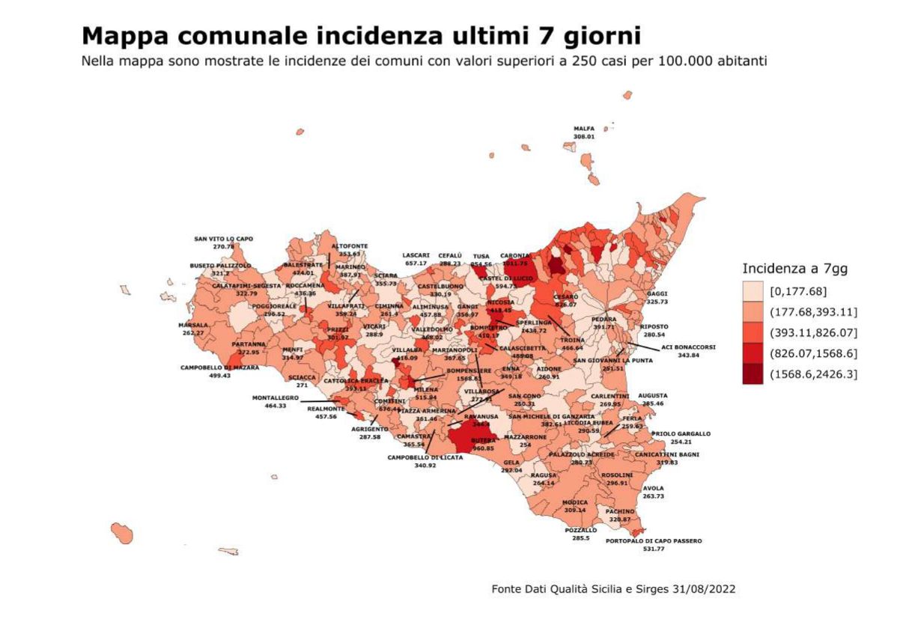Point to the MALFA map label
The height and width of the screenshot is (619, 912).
[584, 129]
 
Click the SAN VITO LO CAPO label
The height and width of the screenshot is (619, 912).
[223, 239]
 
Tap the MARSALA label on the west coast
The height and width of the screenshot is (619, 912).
[192, 325]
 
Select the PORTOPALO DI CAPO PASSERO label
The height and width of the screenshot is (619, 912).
[654, 540]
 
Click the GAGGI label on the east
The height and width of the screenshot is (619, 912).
[657, 293]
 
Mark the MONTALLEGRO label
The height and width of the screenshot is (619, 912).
[276, 397]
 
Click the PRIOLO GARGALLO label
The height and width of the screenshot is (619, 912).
[681, 433]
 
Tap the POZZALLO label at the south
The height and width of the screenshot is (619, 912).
[581, 530]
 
